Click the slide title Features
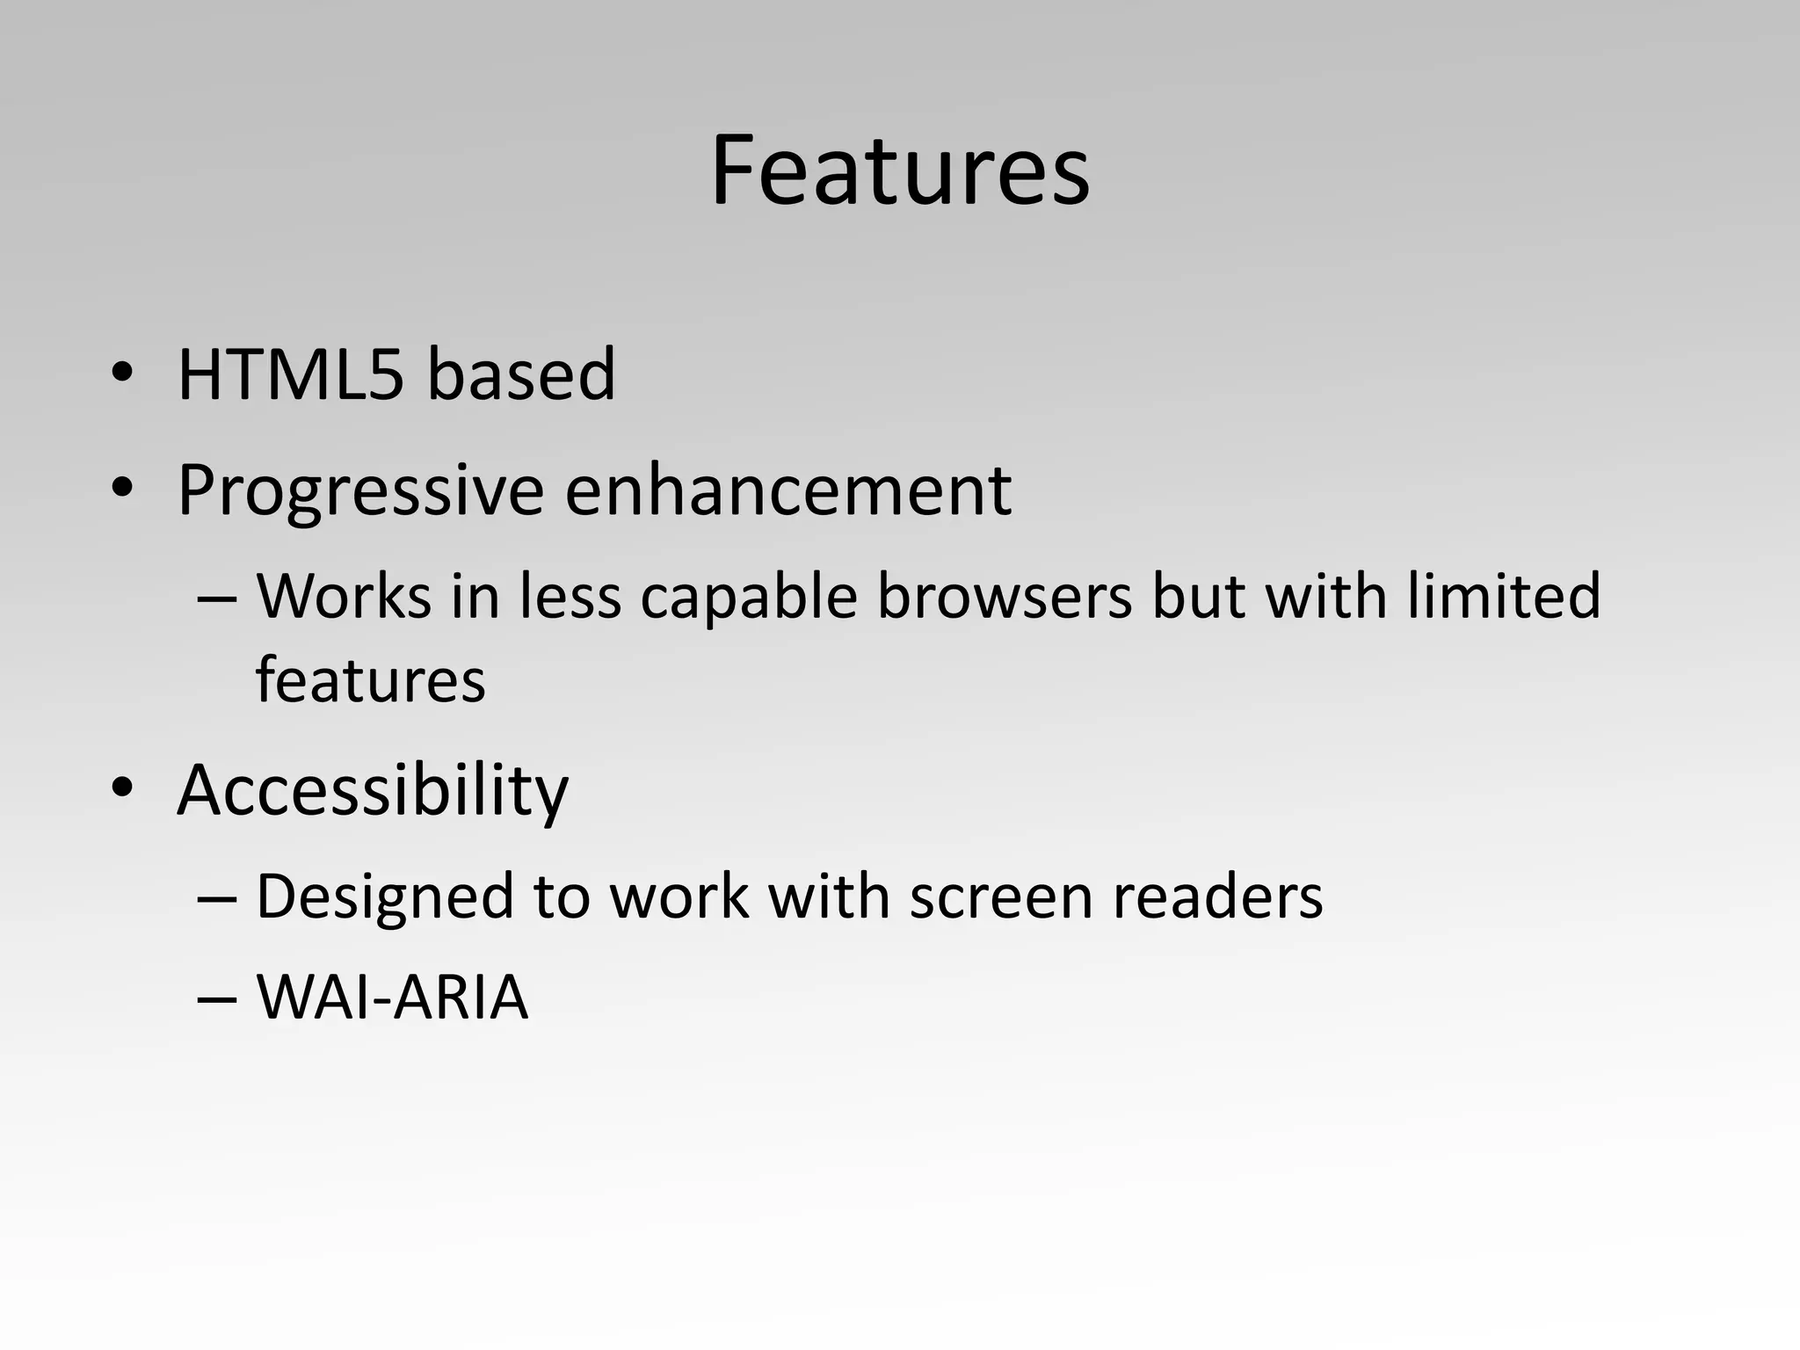900,171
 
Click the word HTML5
291,375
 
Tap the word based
521,375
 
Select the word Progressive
360,490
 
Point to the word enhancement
787,490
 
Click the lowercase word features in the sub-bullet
370,680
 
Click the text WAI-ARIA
392,998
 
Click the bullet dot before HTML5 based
122,373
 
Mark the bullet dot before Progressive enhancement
122,488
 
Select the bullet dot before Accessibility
122,787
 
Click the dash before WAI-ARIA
217,999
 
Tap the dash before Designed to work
217,899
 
